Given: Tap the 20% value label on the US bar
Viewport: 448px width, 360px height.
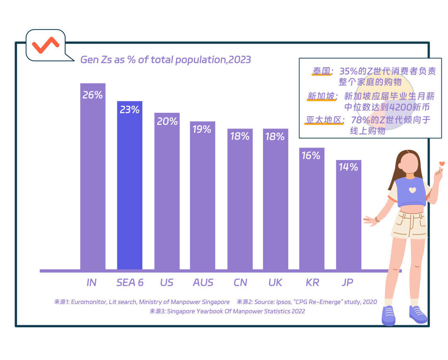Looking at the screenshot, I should (167, 121).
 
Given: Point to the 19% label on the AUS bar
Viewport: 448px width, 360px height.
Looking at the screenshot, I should (202, 129).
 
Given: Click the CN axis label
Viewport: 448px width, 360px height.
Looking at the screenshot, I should (240, 282).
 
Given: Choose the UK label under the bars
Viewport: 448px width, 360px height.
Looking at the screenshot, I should (275, 282).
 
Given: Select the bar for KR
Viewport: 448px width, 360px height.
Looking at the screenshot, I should (312, 212).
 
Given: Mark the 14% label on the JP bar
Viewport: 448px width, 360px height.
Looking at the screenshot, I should (348, 167).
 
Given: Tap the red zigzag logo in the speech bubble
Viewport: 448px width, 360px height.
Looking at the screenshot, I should (46, 45).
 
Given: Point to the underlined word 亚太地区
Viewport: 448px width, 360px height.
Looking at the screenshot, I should (325, 120).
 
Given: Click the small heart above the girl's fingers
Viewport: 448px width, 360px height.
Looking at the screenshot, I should (442, 164).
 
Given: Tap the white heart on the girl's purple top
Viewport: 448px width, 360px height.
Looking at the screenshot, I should (411, 190).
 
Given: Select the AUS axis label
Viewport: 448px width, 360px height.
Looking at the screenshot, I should (203, 282).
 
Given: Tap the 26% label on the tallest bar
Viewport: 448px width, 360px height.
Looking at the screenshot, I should (93, 95).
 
